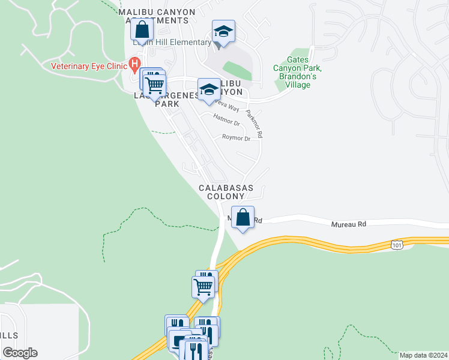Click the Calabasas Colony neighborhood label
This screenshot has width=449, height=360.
(x=226, y=192)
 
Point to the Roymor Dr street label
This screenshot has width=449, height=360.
(x=236, y=138)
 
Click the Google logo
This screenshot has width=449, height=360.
(x=20, y=353)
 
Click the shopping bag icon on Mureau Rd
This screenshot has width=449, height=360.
(x=243, y=217)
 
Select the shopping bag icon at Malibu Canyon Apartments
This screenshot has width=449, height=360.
(x=142, y=29)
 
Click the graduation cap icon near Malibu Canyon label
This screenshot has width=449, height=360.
(x=208, y=89)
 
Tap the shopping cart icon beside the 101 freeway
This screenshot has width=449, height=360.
(x=203, y=287)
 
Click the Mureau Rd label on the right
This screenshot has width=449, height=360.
(x=349, y=224)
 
